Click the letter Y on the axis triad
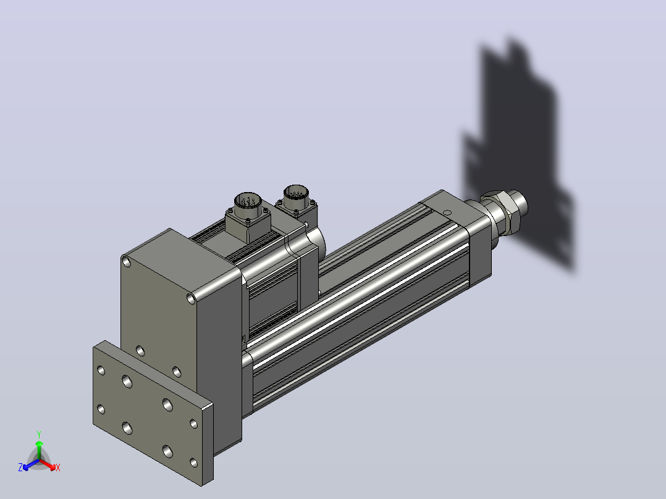tap(39, 434)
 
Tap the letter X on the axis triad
tap(58, 468)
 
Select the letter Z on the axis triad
tap(20, 468)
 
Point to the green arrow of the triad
tap(39, 450)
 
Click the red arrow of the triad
tap(48, 464)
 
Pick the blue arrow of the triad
tap(31, 464)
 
